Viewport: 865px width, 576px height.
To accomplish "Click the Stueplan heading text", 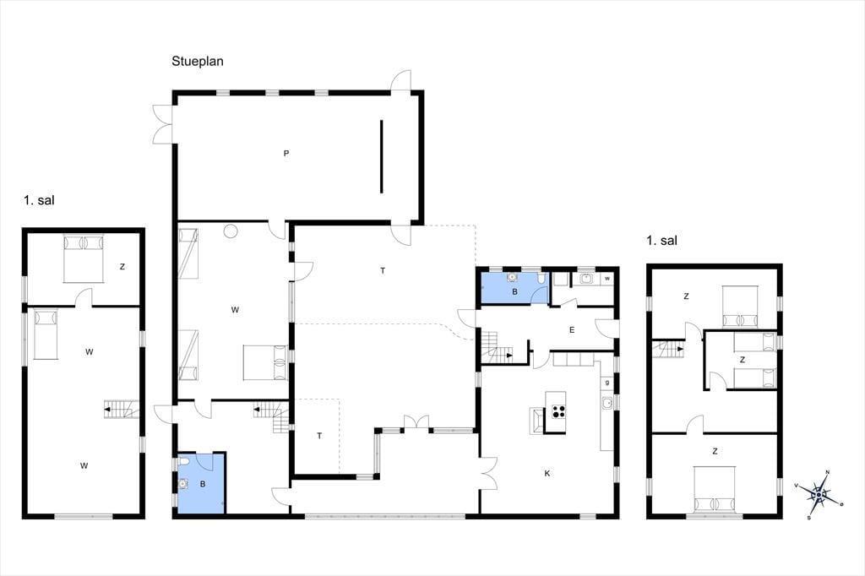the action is coord(197,62).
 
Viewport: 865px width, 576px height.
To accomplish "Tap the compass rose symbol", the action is coord(819,493).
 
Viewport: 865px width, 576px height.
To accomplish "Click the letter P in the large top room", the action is coord(286,154).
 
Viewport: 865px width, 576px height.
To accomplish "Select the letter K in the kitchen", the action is coord(547,473).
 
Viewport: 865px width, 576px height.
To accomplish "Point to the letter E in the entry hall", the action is coord(572,330).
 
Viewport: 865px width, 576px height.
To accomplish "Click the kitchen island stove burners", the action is coord(558,411).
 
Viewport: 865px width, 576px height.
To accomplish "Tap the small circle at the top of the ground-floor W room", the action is coord(231,231).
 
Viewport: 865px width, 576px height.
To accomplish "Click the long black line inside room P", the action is coord(381,157).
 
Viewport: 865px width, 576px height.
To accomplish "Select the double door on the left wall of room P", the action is coord(163,124).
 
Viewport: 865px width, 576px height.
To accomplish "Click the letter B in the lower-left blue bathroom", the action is coord(203,485).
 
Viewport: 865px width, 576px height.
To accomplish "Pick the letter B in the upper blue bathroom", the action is coord(514,292).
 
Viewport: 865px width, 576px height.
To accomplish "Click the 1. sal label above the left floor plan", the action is coord(39,200).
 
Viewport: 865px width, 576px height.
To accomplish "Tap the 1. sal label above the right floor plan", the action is coord(662,241).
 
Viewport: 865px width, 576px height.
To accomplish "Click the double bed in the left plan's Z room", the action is coord(84,258).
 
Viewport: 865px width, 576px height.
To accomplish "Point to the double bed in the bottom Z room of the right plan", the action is coord(715,489).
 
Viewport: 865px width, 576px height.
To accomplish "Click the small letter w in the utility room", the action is coord(607,279).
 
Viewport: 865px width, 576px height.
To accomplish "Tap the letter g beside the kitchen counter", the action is coord(607,383).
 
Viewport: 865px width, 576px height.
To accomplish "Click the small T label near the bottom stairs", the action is coord(319,436).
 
